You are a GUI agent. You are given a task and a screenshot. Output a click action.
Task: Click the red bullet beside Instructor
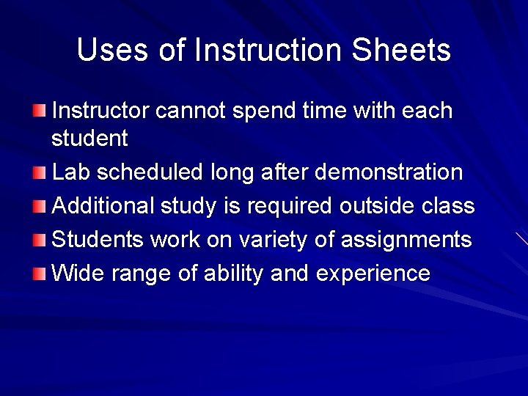coord(39,111)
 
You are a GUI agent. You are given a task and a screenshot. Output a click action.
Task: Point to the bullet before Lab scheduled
coord(39,172)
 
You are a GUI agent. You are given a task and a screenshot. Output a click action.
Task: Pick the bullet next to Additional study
coord(39,206)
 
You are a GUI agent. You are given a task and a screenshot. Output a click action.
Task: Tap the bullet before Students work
coord(39,240)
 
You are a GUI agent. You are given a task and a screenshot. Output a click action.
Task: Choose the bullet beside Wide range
coord(39,274)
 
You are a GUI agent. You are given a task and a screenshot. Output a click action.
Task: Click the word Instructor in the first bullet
coord(102,111)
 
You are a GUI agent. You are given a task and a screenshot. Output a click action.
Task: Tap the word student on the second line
coord(89,137)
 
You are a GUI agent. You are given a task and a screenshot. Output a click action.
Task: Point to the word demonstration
coord(389,172)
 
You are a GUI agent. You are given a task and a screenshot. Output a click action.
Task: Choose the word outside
coord(375,206)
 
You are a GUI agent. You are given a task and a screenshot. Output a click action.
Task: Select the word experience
coord(373,274)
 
